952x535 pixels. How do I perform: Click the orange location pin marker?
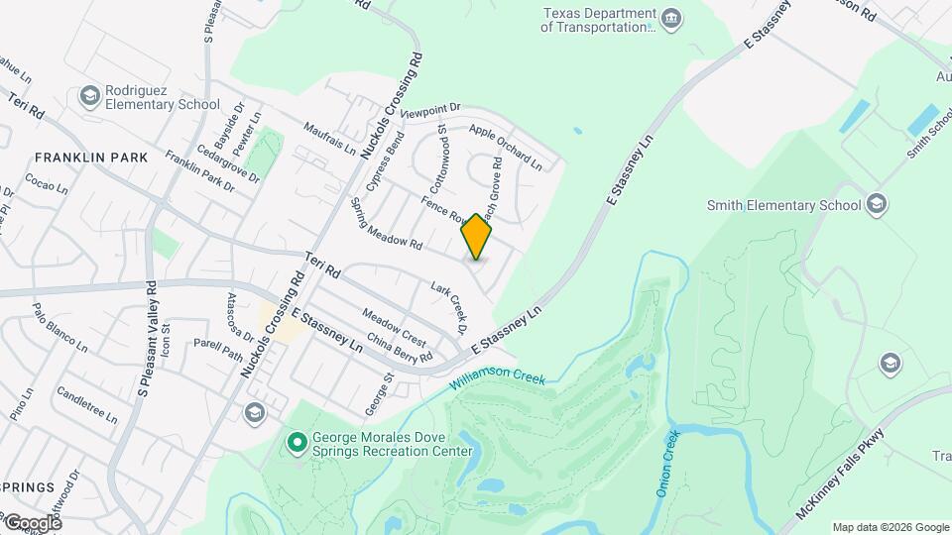click(x=477, y=237)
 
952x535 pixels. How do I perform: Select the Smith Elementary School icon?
click(x=876, y=205)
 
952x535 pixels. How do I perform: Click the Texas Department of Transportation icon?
click(x=671, y=20)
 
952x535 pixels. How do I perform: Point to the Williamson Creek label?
click(x=497, y=379)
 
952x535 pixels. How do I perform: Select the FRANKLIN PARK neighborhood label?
click(x=90, y=158)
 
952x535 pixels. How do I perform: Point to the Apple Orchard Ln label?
click(x=506, y=146)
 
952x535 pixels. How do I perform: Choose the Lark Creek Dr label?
click(x=448, y=307)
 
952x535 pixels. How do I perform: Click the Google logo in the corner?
click(x=32, y=523)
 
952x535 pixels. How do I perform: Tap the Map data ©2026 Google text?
click(x=890, y=527)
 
